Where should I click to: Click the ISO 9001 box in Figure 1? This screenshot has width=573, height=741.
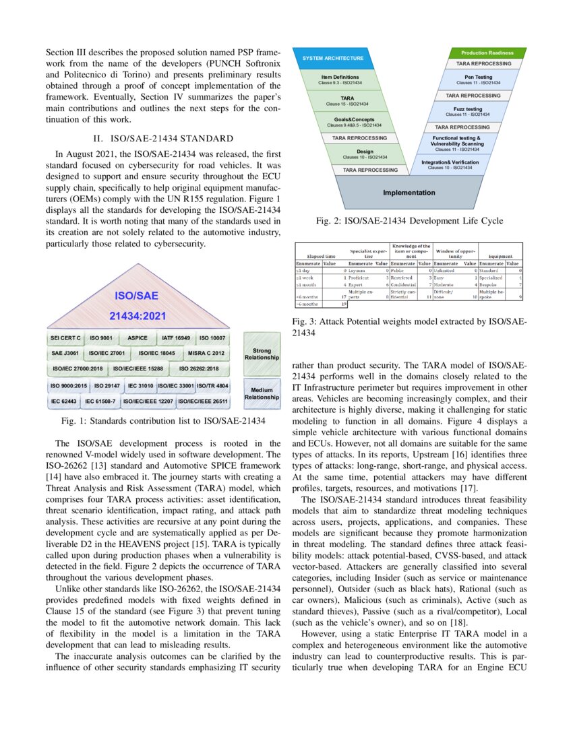pyautogui.click(x=102, y=337)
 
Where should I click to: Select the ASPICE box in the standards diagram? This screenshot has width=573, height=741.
pyautogui.click(x=138, y=337)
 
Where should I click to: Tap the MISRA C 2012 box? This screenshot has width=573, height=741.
pyautogui.click(x=206, y=353)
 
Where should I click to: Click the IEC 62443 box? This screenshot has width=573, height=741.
pyautogui.click(x=63, y=401)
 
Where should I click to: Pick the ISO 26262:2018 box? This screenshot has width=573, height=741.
pyautogui.click(x=200, y=369)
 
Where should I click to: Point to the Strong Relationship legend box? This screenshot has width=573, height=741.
pyautogui.click(x=262, y=354)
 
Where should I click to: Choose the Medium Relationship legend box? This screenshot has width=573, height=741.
pyautogui.click(x=262, y=394)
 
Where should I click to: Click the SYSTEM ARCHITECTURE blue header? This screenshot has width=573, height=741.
pyautogui.click(x=333, y=58)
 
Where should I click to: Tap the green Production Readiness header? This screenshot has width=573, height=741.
pyautogui.click(x=487, y=53)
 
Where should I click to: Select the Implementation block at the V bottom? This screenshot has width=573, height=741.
pyautogui.click(x=409, y=193)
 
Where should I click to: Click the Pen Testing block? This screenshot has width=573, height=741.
pyautogui.click(x=478, y=80)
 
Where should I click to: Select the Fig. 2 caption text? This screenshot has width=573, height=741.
pyautogui.click(x=409, y=221)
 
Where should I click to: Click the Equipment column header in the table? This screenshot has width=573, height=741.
pyautogui.click(x=500, y=257)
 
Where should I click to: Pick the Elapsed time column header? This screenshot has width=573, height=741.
pyautogui.click(x=321, y=257)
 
